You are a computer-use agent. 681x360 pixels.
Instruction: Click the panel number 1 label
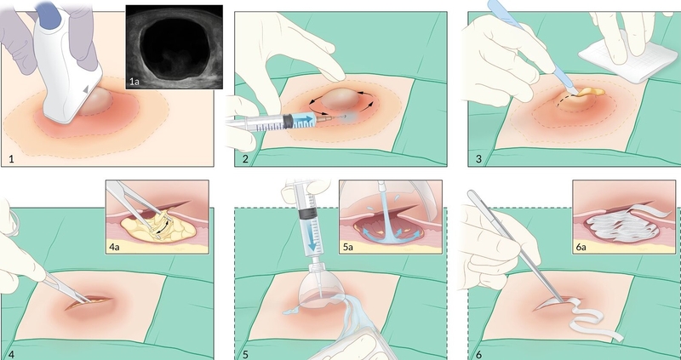pos(11,159)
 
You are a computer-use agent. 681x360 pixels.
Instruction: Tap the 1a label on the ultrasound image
pos(134,81)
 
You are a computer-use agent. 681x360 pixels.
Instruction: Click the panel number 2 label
pos(245,159)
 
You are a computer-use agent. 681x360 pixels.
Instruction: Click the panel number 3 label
pos(478,159)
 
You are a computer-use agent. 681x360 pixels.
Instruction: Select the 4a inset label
pos(115,248)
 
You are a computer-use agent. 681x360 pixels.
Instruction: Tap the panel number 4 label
pos(11,354)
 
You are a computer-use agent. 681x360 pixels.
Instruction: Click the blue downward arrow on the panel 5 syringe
pos(312,240)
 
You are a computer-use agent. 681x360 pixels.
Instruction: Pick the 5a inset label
pos(348,248)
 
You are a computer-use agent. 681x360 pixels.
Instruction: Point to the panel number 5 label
pos(245,354)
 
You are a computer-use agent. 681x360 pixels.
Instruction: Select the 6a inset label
pos(581,248)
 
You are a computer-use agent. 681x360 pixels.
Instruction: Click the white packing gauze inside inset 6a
pos(624,225)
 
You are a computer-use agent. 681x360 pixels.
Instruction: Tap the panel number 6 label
pos(478,354)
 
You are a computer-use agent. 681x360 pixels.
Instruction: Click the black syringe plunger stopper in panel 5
pos(309,213)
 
